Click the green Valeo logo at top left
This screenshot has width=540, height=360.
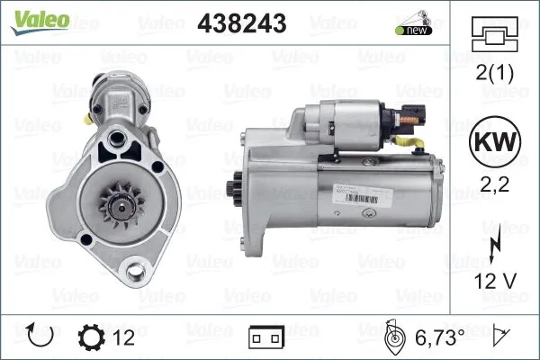pyautogui.click(x=40, y=22)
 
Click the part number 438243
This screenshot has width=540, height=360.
pyautogui.click(x=242, y=23)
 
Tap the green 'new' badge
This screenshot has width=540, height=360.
pyautogui.click(x=414, y=31)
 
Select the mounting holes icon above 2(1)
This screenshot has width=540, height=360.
pyautogui.click(x=494, y=34)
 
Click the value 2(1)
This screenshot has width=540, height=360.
pyautogui.click(x=494, y=73)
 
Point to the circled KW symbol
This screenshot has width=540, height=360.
pyautogui.click(x=495, y=141)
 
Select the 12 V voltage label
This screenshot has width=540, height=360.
pyautogui.click(x=495, y=281)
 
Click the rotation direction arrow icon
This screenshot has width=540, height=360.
pyautogui.click(x=40, y=335)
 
